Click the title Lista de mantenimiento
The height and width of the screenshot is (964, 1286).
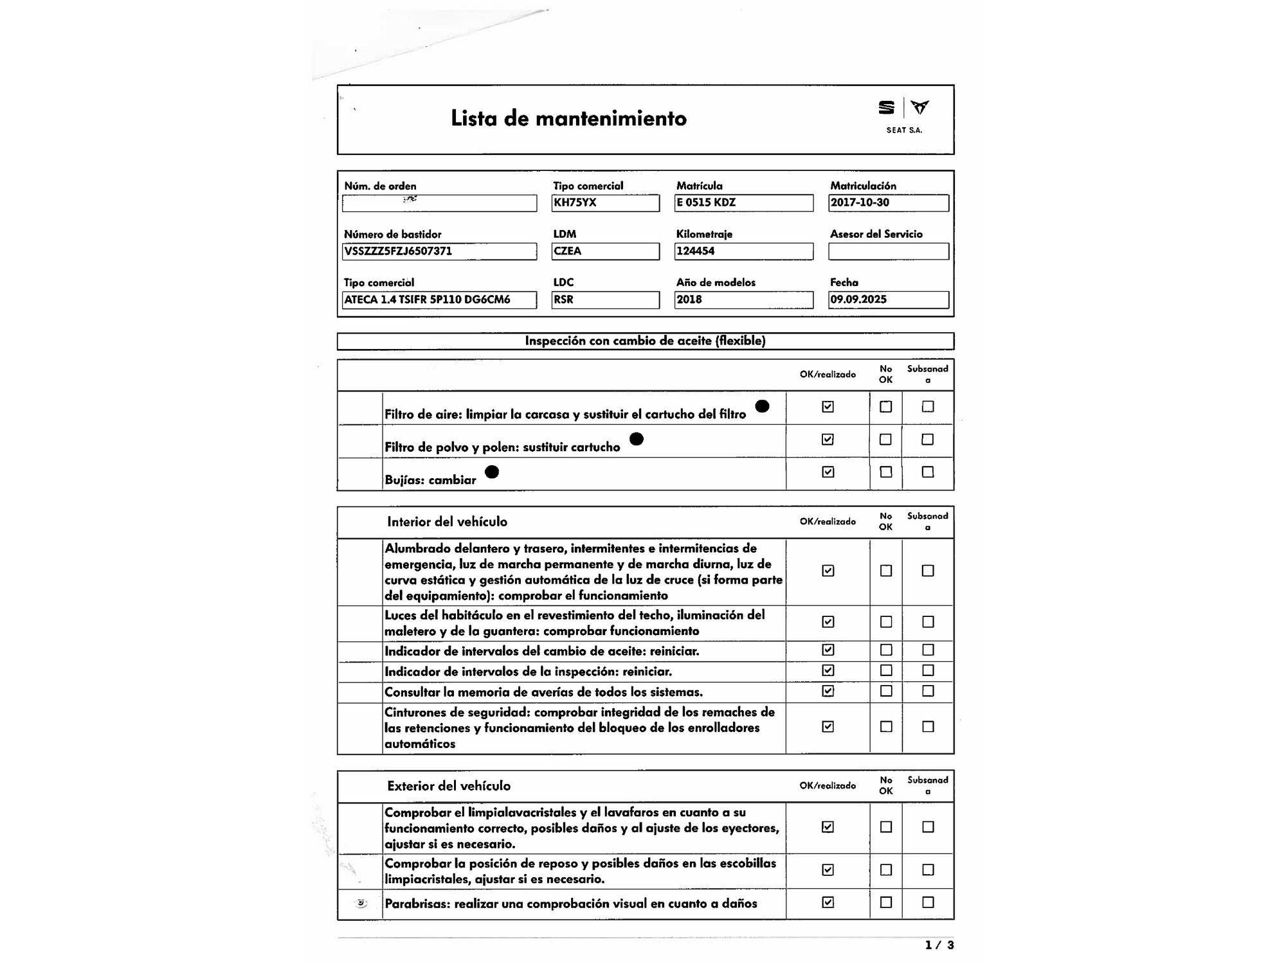tap(568, 118)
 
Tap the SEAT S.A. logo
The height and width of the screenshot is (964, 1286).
tap(903, 116)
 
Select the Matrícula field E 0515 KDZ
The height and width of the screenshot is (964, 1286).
tap(743, 202)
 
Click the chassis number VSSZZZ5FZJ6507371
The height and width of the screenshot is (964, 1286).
tap(439, 251)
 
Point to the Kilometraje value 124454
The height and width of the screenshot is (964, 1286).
tap(743, 251)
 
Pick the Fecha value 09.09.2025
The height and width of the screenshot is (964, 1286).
tap(888, 299)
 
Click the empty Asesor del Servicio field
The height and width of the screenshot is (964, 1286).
tap(888, 251)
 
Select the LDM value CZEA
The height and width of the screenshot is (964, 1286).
tap(605, 251)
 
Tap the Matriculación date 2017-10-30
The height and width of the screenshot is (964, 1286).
tap(888, 202)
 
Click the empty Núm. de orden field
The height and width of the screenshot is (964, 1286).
tap(439, 203)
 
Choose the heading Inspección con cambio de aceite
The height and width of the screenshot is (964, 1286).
tap(645, 341)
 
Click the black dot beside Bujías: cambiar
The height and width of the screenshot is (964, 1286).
tap(492, 472)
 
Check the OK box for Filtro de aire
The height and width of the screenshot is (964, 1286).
tap(828, 406)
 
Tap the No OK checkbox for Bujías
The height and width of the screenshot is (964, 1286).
tap(885, 472)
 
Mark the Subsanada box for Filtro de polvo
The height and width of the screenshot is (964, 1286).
tap(927, 440)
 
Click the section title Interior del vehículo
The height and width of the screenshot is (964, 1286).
tap(447, 522)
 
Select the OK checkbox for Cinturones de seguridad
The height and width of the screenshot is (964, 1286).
tap(828, 726)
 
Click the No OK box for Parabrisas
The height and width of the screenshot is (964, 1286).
tap(885, 902)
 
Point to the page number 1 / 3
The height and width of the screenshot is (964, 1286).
tap(939, 945)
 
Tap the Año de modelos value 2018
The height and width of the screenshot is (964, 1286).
tap(743, 299)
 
